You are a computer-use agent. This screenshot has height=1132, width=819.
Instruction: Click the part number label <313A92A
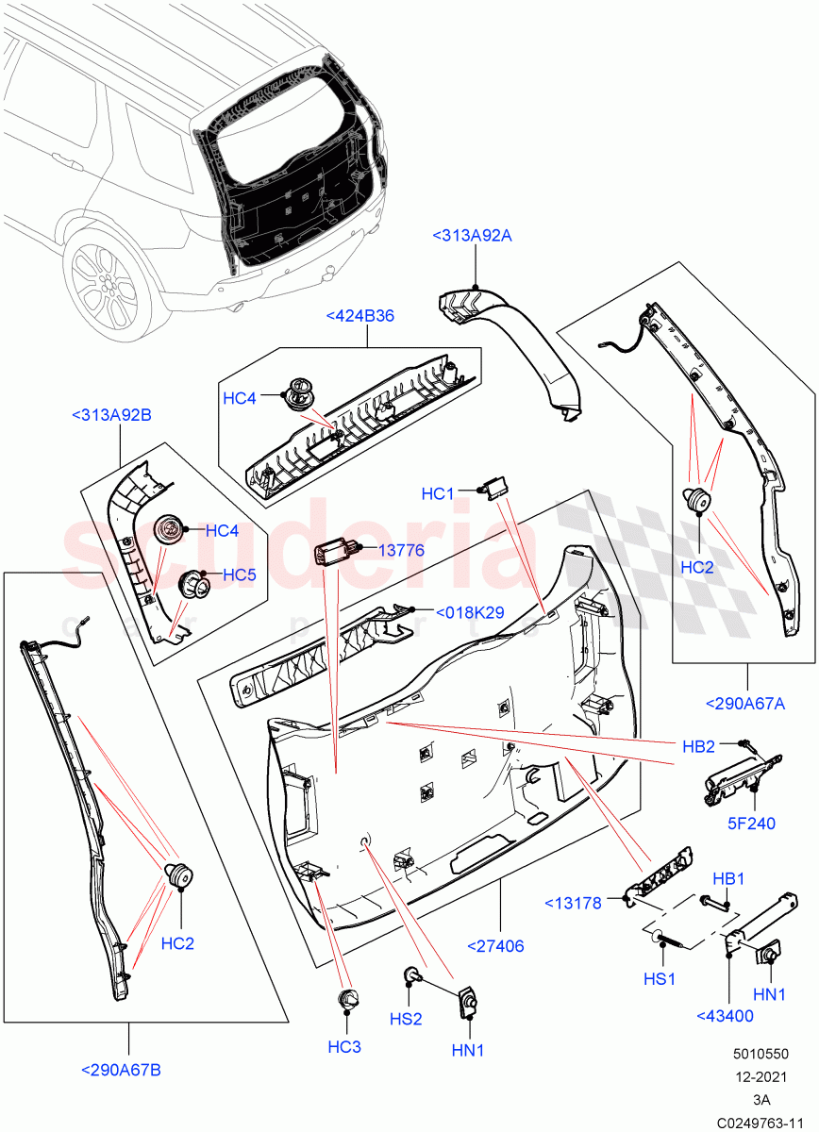click(472, 236)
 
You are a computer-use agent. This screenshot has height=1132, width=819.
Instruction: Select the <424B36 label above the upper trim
click(359, 316)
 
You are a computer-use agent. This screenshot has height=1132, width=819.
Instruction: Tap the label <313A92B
click(111, 415)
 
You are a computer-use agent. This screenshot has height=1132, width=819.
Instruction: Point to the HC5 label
click(240, 574)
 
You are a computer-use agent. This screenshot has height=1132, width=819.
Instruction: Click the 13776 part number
click(401, 550)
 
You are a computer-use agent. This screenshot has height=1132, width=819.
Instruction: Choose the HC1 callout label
click(438, 493)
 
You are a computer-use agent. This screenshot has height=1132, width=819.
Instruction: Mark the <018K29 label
click(469, 612)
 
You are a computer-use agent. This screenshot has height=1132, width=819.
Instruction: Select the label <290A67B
click(121, 1069)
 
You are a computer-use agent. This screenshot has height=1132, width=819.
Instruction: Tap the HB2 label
click(698, 746)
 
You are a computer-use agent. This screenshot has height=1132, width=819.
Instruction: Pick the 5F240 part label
click(751, 824)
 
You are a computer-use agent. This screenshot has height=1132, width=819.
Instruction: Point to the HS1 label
click(659, 978)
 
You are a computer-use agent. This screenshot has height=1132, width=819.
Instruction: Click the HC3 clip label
click(344, 1046)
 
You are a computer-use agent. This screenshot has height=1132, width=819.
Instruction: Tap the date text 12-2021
click(761, 1076)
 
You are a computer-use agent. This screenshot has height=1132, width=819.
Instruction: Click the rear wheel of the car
click(106, 278)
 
